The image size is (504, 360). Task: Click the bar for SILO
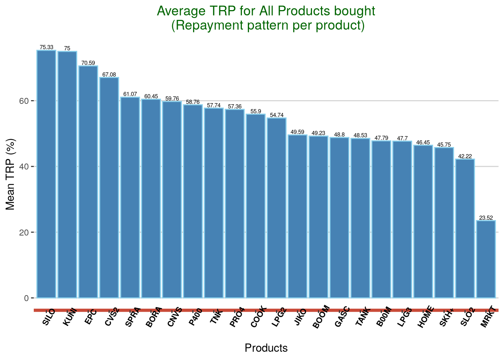click(x=46, y=174)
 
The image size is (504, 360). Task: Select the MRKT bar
click(x=486, y=259)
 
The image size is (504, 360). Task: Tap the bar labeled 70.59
click(x=88, y=182)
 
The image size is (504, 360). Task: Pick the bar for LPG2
click(x=276, y=208)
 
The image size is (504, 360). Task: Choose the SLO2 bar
click(x=465, y=229)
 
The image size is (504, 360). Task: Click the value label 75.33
click(x=46, y=47)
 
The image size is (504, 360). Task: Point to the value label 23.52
click(x=486, y=217)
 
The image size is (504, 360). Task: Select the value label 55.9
click(x=256, y=111)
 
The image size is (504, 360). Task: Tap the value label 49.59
click(x=297, y=132)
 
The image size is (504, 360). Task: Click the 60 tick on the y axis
click(x=24, y=101)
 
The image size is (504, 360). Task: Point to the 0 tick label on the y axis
click(x=26, y=298)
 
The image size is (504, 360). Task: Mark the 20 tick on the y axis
click(x=24, y=232)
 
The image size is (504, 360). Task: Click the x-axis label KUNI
click(x=70, y=318)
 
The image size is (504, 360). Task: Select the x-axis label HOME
click(x=426, y=316)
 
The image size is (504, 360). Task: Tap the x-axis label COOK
click(x=258, y=317)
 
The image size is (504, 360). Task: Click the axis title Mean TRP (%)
click(x=10, y=174)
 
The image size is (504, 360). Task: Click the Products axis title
click(x=266, y=348)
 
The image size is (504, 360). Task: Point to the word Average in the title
click(x=181, y=11)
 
